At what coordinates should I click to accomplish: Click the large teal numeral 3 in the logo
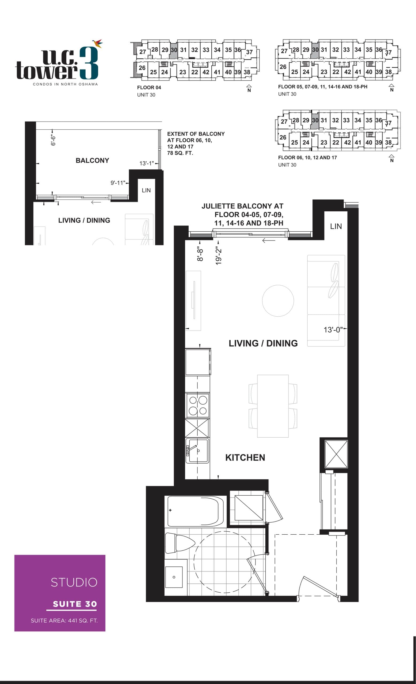tap(88, 63)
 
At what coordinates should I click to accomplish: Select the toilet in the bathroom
tap(179, 543)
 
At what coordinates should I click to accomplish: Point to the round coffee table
tap(278, 300)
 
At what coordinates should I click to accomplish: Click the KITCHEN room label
tap(245, 457)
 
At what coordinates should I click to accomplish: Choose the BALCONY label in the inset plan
tap(92, 161)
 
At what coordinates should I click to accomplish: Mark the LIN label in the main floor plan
tap(336, 226)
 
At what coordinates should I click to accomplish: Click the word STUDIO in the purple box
tap(74, 582)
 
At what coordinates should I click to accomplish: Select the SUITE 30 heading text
tap(75, 604)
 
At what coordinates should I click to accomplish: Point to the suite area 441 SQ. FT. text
tap(64, 620)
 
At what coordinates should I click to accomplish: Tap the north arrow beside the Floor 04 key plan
tap(249, 88)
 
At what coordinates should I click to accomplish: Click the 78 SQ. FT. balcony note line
tap(180, 153)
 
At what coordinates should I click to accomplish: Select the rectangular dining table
tap(273, 406)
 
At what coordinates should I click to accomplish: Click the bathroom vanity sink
tap(174, 577)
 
